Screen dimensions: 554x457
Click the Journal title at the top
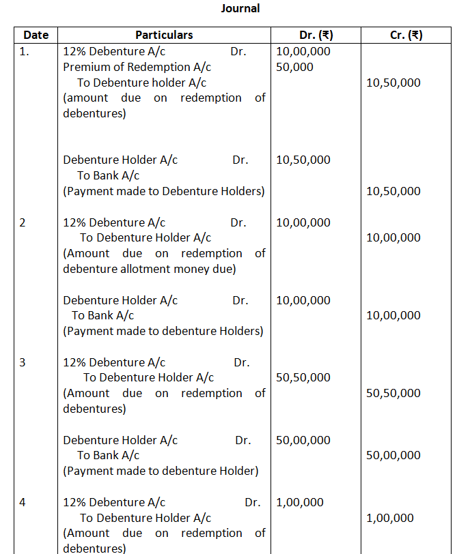click(x=240, y=9)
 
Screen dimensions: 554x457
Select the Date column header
click(x=36, y=35)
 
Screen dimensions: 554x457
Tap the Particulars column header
click(x=164, y=35)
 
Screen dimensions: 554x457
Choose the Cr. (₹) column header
click(x=406, y=35)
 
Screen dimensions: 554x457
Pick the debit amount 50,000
click(x=295, y=67)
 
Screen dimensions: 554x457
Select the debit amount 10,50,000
click(x=303, y=160)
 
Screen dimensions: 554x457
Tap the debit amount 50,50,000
click(x=303, y=377)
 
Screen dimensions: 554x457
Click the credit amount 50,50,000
click(x=393, y=393)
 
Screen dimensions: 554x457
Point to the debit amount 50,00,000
click(x=303, y=440)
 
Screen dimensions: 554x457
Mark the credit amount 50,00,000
click(x=393, y=455)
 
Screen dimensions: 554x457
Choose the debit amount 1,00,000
click(x=300, y=502)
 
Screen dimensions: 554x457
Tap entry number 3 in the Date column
click(x=23, y=362)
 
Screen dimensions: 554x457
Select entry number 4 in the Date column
click(x=23, y=502)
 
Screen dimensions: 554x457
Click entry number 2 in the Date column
click(x=23, y=222)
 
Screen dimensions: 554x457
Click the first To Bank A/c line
click(x=108, y=175)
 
